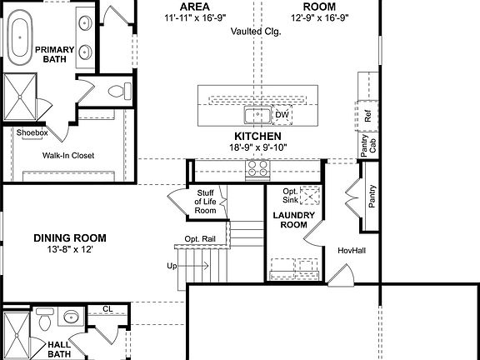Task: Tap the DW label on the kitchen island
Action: tap(282, 113)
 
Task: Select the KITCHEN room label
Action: tap(257, 136)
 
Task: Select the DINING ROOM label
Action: tap(70, 237)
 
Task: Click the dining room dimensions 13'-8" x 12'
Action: tap(70, 249)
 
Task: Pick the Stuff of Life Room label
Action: tap(205, 201)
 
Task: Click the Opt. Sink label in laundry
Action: tap(290, 197)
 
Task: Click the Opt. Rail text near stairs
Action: tap(201, 239)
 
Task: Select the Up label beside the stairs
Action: tap(172, 267)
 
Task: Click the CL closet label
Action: tap(107, 308)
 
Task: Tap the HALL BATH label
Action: tap(59, 348)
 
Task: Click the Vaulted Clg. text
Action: tap(257, 31)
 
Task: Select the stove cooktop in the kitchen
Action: tap(257, 170)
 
